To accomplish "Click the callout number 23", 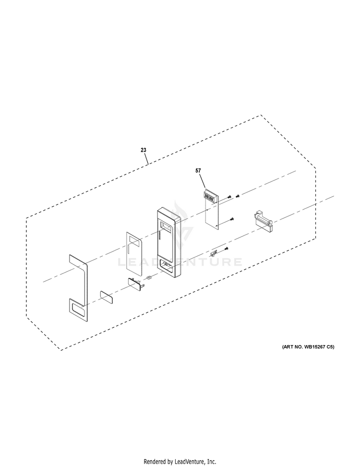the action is [144, 150].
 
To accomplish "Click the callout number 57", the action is [198, 170].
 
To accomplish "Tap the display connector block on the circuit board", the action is [209, 198].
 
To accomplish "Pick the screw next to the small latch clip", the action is [226, 248].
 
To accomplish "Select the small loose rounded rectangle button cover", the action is [107, 297].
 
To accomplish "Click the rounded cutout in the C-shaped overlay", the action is [79, 311].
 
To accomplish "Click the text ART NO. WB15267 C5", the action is [308, 347].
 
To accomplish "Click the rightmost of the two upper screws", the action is [238, 196].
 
